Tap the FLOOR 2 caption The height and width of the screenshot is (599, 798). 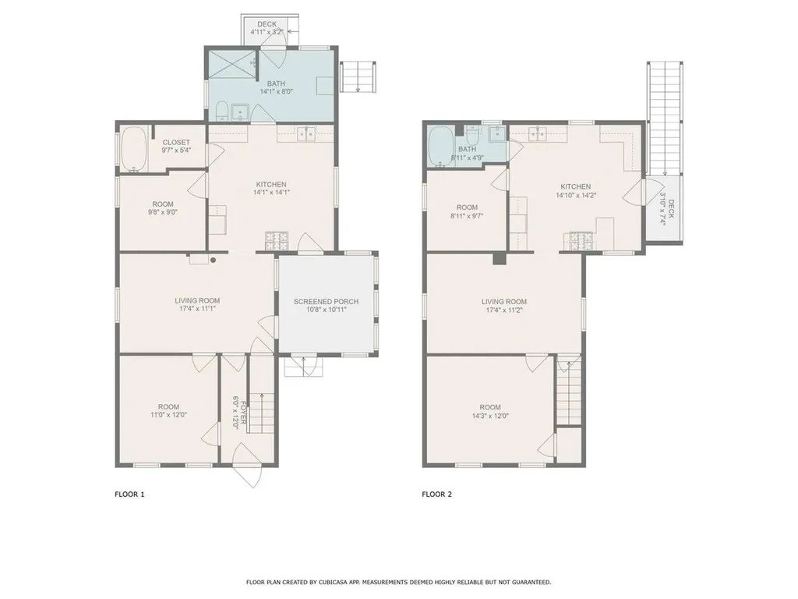click(x=437, y=494)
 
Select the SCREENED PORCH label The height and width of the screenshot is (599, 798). click(x=326, y=301)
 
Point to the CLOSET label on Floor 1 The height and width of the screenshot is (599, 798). click(x=175, y=142)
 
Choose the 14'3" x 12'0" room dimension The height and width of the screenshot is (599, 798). click(x=489, y=416)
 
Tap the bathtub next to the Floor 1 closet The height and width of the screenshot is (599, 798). click(x=133, y=149)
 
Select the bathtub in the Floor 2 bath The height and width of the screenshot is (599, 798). click(x=440, y=147)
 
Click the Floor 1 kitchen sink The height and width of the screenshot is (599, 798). click(x=306, y=133)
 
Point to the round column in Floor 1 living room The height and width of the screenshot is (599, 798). click(x=213, y=261)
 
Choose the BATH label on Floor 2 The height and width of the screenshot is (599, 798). click(x=467, y=149)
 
